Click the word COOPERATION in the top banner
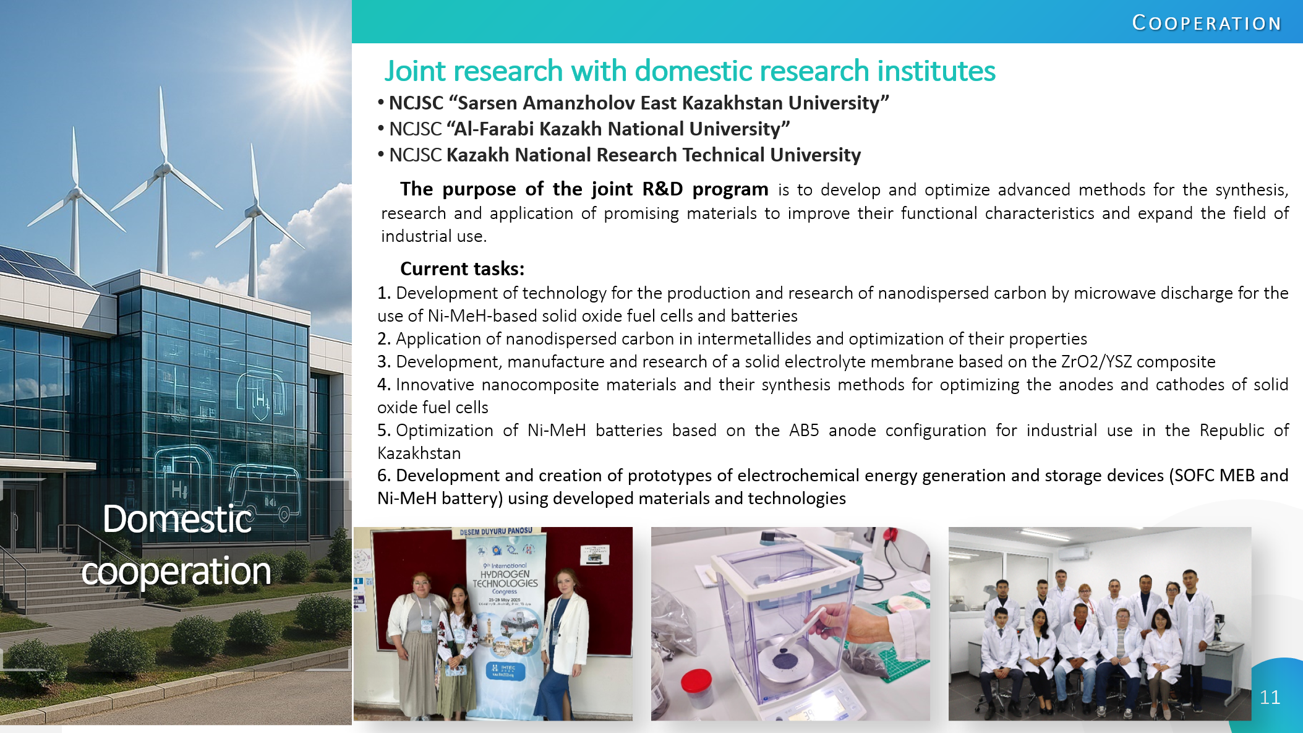point(1207,23)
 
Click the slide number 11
point(1270,697)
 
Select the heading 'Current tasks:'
point(462,268)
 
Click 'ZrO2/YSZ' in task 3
point(1096,361)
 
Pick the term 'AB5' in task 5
point(804,430)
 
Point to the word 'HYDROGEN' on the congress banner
point(505,574)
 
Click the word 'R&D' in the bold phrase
point(662,189)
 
